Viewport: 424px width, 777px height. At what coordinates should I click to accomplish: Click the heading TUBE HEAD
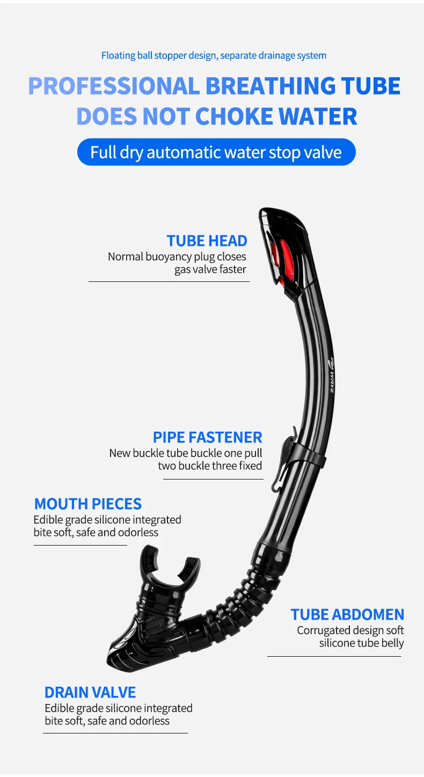pyautogui.click(x=207, y=241)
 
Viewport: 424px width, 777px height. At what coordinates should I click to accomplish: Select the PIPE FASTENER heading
pyautogui.click(x=207, y=437)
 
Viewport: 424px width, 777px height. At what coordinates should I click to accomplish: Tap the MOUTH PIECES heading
pyautogui.click(x=88, y=504)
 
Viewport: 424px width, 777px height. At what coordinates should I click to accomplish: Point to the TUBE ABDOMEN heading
pyautogui.click(x=347, y=614)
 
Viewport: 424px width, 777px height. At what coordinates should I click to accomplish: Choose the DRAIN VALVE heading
pyautogui.click(x=90, y=692)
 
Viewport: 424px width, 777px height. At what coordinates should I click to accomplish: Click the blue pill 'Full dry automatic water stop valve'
pyautogui.click(x=216, y=152)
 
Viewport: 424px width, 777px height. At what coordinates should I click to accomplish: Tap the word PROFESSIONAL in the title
pyautogui.click(x=113, y=86)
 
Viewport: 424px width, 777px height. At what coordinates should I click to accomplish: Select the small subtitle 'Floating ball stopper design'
pyautogui.click(x=159, y=55)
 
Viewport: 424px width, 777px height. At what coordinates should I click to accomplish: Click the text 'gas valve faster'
pyautogui.click(x=210, y=270)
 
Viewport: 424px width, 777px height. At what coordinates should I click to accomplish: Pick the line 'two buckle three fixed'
pyautogui.click(x=210, y=466)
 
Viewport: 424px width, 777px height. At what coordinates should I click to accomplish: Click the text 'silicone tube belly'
pyautogui.click(x=361, y=643)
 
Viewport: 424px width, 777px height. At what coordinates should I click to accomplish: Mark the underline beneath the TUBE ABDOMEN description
pyautogui.click(x=334, y=656)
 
